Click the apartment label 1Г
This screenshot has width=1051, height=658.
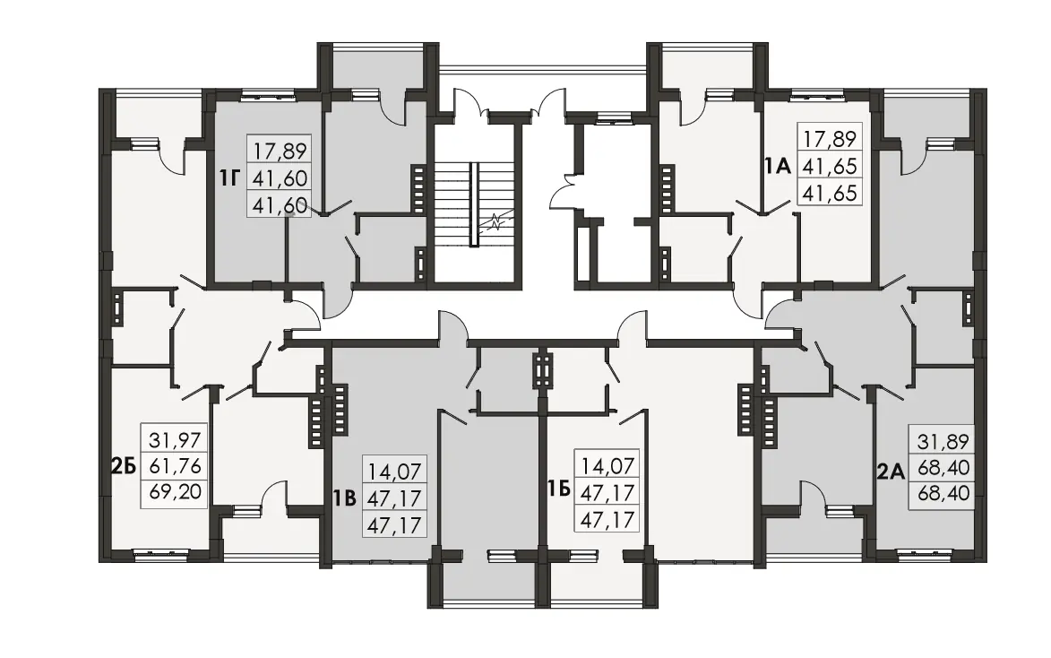pos(229,177)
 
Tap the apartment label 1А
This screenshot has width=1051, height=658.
pos(779,166)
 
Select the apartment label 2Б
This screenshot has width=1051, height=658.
pos(124,465)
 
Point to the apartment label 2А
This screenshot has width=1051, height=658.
pos(891,472)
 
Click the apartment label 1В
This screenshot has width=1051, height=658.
pos(345,498)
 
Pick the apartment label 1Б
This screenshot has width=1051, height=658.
pos(559,489)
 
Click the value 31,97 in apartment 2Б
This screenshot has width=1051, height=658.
pos(175,441)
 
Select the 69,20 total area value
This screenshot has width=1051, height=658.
pos(175,491)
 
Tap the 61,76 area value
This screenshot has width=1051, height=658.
pos(175,466)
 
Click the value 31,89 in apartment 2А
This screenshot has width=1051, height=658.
pos(943,442)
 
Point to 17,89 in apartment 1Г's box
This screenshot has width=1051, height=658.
pos(280,152)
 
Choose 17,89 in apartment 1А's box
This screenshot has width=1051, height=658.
pos(831,140)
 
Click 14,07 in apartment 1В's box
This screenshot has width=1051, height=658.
pos(395,472)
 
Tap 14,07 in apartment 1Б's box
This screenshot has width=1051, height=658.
pos(608,465)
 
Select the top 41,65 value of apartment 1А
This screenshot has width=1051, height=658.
pos(831,167)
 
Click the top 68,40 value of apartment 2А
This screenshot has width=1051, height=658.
pos(943,468)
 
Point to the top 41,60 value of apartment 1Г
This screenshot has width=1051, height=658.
pos(280,178)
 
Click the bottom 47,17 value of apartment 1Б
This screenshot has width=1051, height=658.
pos(608,519)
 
